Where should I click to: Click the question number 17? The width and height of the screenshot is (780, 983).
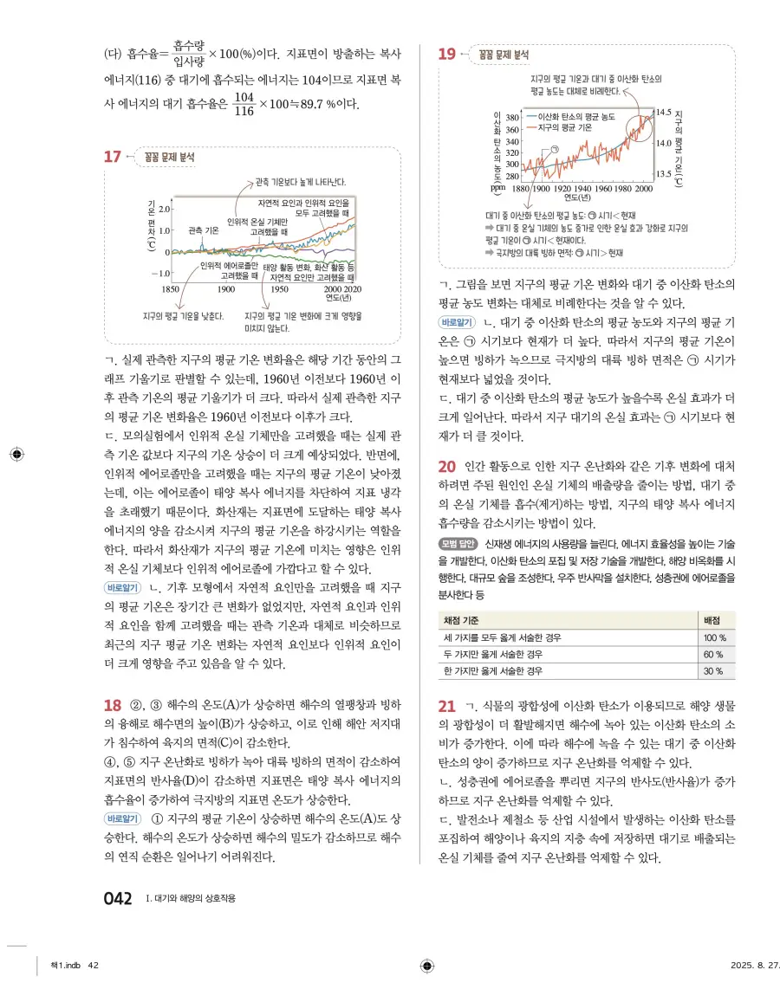112,157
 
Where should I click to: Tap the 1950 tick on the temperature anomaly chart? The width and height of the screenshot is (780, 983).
279,289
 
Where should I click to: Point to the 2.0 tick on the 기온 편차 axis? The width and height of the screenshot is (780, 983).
164,210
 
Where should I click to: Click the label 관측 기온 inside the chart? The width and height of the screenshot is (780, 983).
203,231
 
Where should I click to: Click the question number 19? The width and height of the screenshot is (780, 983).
446,55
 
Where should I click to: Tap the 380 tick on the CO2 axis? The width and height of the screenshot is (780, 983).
511,117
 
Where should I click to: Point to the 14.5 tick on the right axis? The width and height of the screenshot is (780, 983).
664,113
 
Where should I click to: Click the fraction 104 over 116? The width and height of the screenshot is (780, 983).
244,104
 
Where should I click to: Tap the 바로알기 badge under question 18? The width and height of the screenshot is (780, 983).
123,818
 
